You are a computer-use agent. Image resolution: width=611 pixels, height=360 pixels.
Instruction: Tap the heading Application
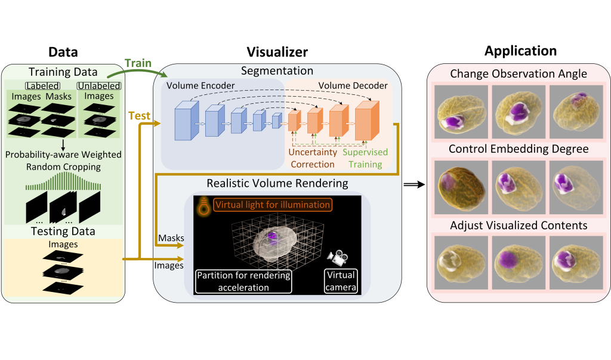coord(520,51)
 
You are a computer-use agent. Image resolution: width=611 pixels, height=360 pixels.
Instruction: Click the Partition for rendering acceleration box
coord(243,281)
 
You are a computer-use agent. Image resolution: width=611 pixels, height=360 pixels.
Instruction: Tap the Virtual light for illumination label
coord(273,205)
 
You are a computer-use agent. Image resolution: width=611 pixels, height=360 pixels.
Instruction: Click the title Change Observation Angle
coord(519,74)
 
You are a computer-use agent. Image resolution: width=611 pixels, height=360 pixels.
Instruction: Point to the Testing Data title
coord(63,231)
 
